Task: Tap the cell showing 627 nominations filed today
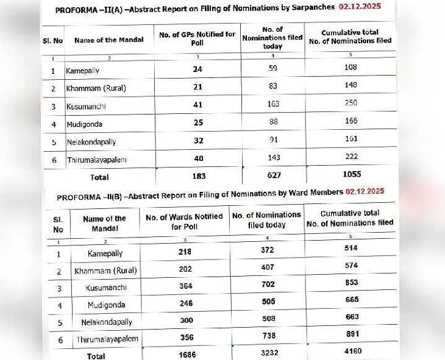(x=273, y=176)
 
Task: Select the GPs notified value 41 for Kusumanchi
(x=197, y=104)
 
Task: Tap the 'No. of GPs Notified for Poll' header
(x=197, y=38)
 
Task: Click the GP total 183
(x=197, y=176)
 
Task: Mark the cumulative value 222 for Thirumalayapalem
(x=349, y=157)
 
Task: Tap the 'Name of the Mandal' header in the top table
(x=109, y=40)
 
